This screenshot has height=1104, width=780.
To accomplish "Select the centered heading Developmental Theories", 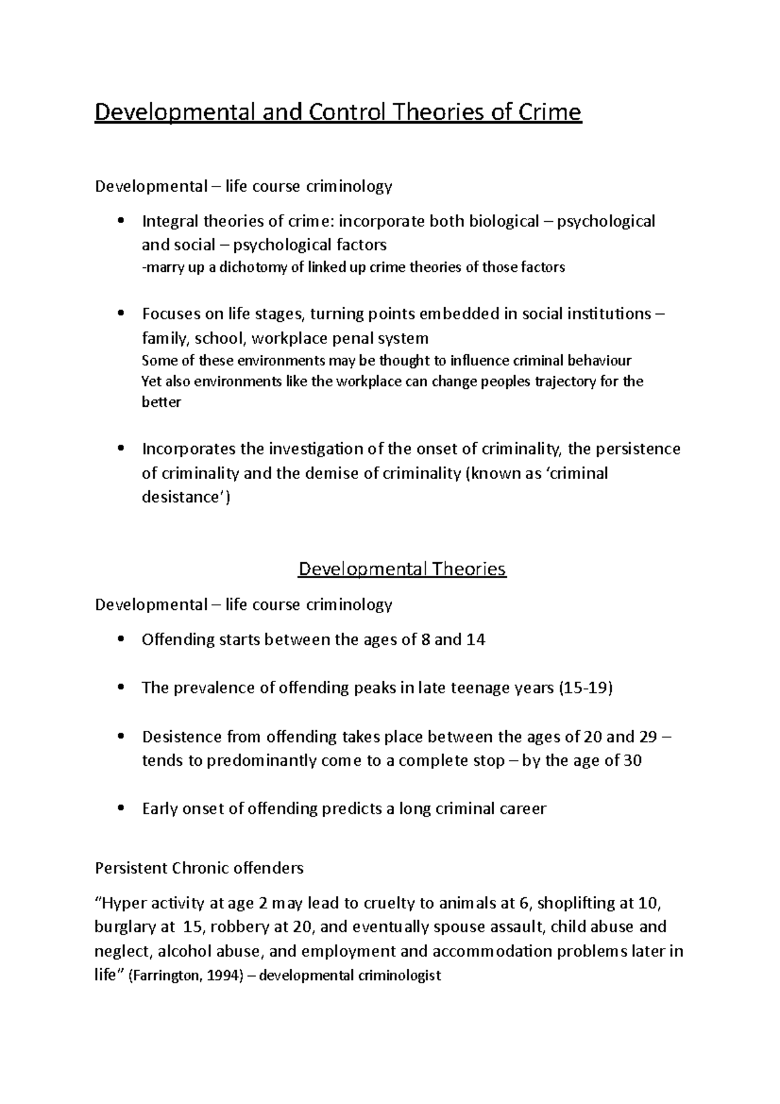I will coord(402,570).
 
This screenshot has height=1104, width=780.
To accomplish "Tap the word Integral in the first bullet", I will coord(170,222).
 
